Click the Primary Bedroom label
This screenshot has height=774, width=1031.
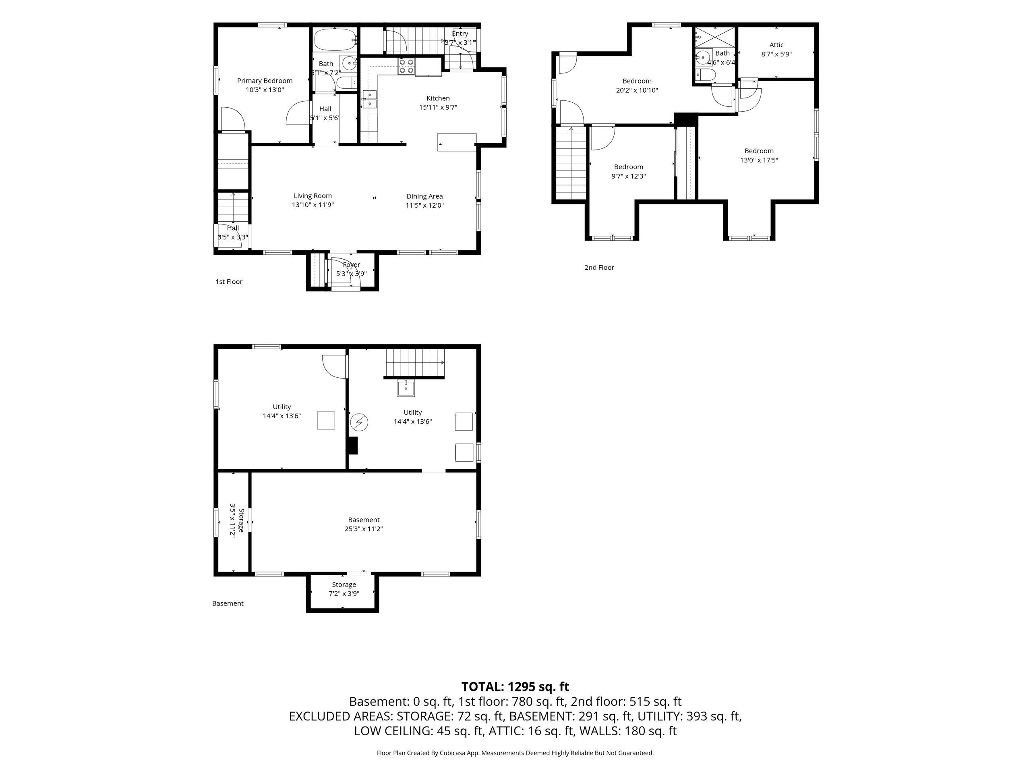click(265, 81)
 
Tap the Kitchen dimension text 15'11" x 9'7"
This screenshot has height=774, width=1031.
click(438, 107)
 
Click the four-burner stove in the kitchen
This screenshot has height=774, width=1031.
click(406, 66)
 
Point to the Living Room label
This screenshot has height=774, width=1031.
click(313, 196)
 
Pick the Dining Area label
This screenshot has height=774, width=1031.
click(424, 196)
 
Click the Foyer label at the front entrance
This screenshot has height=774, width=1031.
click(352, 265)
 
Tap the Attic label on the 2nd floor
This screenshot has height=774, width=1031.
click(776, 45)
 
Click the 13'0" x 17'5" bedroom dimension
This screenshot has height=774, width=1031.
click(759, 160)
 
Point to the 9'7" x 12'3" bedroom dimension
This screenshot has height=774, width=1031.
click(629, 176)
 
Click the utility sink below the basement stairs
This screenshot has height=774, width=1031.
click(406, 388)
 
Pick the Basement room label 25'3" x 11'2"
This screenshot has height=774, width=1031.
click(364, 524)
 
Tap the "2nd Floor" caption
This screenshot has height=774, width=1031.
click(599, 267)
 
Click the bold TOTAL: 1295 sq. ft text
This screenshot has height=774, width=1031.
click(515, 687)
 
